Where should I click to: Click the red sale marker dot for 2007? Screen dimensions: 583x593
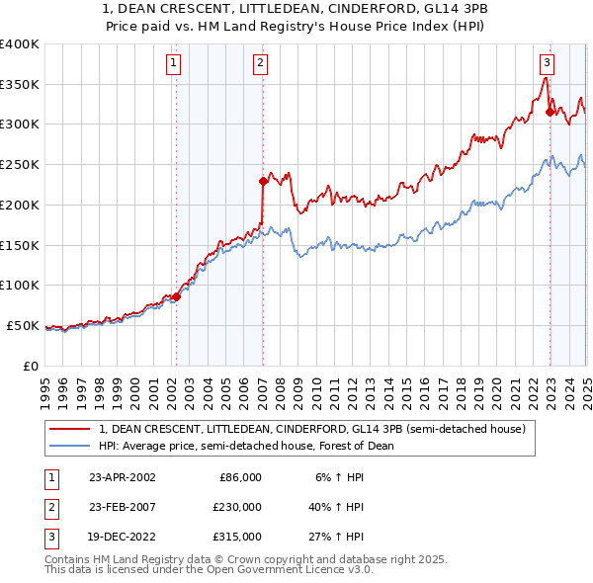tap(264, 181)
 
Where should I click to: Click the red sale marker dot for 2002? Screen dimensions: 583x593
tap(176, 296)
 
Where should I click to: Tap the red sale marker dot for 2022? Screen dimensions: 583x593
tap(550, 112)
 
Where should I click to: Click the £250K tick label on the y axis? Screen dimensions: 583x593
tap(20, 164)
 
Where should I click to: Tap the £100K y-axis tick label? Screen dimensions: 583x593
tap(20, 285)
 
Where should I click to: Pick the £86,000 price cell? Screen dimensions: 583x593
tap(239, 476)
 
